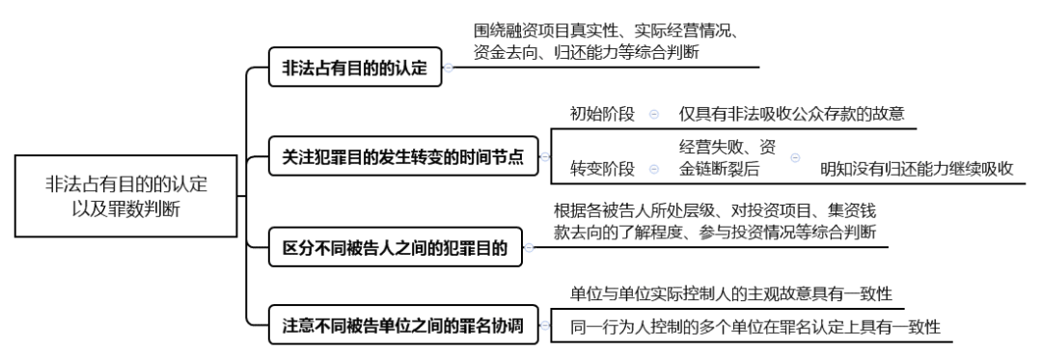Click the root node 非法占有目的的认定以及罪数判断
(x=125, y=195)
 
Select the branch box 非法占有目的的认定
(x=354, y=69)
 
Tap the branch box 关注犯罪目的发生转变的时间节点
(x=402, y=157)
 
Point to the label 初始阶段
(x=602, y=114)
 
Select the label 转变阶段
(x=602, y=169)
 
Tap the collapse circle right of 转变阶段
(x=654, y=170)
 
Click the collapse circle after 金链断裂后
(x=796, y=156)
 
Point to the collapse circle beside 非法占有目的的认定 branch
(x=449, y=69)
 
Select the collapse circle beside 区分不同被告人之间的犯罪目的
(x=529, y=249)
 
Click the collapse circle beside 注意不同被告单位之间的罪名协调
(x=543, y=326)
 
